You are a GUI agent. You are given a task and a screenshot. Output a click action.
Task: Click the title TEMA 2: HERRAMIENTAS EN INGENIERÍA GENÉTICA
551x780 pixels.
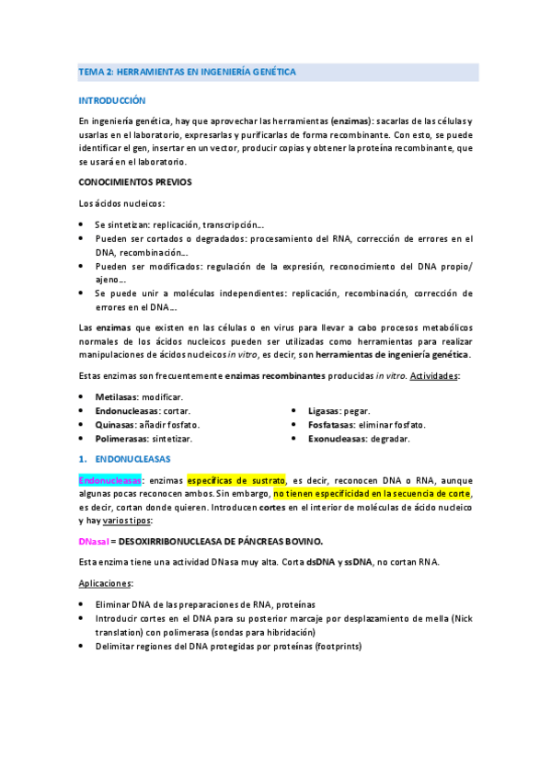click(187, 72)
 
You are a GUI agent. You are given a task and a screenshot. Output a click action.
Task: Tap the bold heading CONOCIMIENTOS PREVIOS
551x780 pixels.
click(134, 182)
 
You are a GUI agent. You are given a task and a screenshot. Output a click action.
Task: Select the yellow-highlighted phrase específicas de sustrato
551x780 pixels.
click(236, 480)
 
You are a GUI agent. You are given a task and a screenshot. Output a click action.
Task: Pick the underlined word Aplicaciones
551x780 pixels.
click(106, 583)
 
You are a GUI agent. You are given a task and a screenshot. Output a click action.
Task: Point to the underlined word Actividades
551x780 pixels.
click(437, 376)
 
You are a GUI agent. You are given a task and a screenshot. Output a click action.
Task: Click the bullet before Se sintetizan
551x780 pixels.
click(82, 224)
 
